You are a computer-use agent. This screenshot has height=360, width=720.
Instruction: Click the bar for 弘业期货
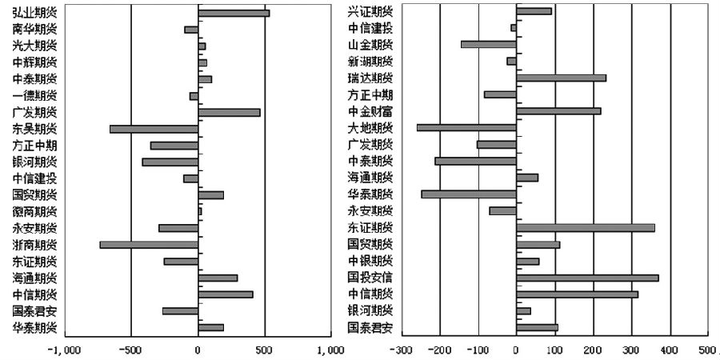pyautogui.click(x=233, y=13)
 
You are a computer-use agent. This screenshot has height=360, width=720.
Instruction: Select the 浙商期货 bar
pyautogui.click(x=149, y=245)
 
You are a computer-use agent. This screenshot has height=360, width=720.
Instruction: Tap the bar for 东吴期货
pyautogui.click(x=154, y=129)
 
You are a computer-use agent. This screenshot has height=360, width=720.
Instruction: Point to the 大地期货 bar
pyautogui.click(x=466, y=127)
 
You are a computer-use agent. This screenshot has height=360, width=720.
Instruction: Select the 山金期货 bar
pyautogui.click(x=488, y=44)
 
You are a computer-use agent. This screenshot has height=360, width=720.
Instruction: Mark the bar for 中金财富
pyautogui.click(x=558, y=110)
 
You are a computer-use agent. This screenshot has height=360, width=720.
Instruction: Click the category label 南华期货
pyautogui.click(x=35, y=29)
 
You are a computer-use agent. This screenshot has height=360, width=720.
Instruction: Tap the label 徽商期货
pyautogui.click(x=35, y=211)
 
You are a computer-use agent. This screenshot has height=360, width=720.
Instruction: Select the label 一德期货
pyautogui.click(x=35, y=95)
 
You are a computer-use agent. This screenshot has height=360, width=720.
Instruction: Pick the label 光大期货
pyautogui.click(x=35, y=46)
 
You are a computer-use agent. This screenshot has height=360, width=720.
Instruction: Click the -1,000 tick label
pyautogui.click(x=64, y=350)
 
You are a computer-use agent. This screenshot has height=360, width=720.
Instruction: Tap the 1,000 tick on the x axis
pyautogui.click(x=330, y=350)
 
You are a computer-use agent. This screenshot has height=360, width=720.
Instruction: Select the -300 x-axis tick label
pyautogui.click(x=401, y=350)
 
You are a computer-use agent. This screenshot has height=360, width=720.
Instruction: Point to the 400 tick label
pyautogui.click(x=670, y=350)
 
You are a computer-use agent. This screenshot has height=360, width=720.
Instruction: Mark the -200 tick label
pyautogui.click(x=439, y=350)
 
